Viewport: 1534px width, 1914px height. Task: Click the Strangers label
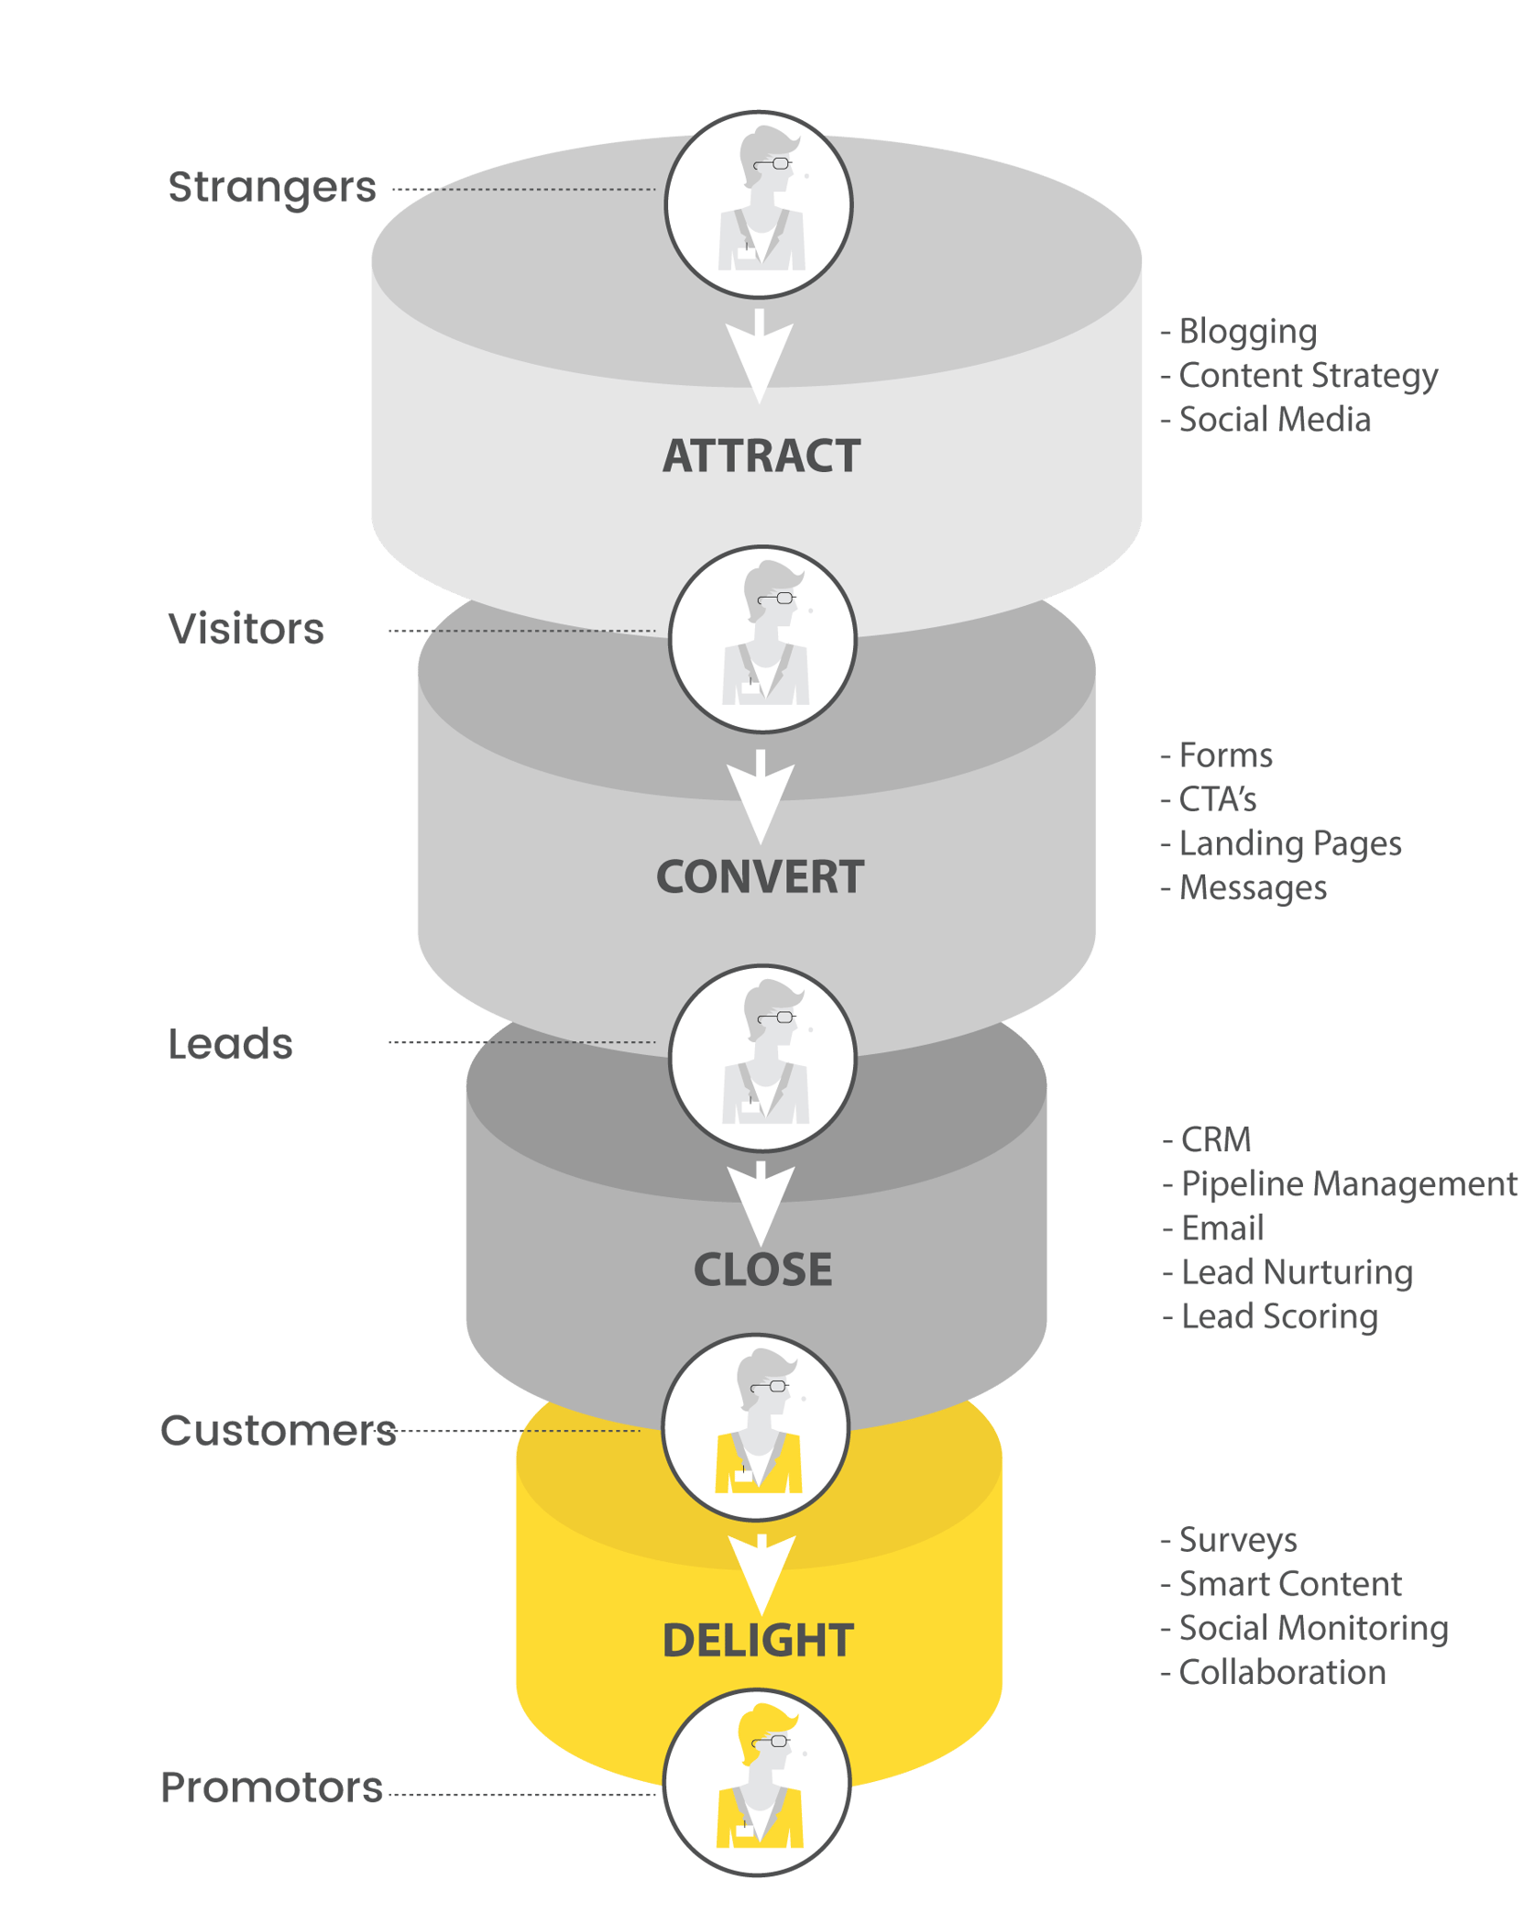[272, 188]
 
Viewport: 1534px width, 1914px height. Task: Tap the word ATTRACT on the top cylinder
[762, 456]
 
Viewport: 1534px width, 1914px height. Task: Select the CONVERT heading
[760, 877]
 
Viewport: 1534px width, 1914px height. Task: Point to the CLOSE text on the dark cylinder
[762, 1270]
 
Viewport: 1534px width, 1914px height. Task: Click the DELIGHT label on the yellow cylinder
[758, 1640]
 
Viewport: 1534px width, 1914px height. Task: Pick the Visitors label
[247, 629]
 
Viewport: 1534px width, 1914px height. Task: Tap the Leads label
[230, 1044]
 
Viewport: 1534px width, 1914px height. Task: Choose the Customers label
[278, 1431]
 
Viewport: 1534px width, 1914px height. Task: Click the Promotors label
[271, 1787]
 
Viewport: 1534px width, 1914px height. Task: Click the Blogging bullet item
[1245, 332]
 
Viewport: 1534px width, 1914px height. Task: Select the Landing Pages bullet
[1288, 843]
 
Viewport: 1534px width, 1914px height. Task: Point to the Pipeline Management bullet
[1347, 1183]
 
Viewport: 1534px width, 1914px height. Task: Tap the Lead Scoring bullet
[1277, 1316]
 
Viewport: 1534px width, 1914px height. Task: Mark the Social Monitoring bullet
[1312, 1628]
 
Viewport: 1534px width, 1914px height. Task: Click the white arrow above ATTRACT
[760, 357]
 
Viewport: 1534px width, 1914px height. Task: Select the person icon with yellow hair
[757, 1782]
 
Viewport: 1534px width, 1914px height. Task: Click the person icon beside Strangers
[759, 204]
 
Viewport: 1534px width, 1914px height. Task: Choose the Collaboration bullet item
[1280, 1672]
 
